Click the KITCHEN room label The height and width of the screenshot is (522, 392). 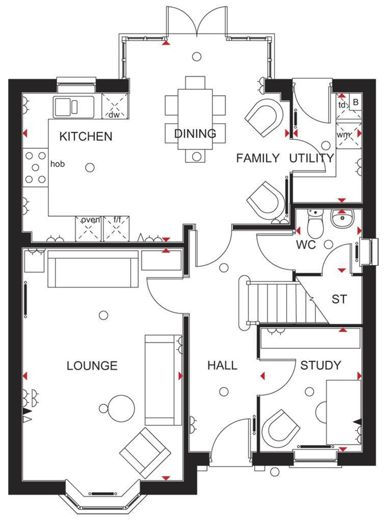click(86, 137)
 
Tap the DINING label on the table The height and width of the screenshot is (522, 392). click(195, 134)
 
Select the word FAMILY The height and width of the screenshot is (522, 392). click(258, 158)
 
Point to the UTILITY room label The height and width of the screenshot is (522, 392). click(312, 158)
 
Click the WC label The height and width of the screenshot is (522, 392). click(306, 245)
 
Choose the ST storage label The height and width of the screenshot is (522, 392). click(339, 299)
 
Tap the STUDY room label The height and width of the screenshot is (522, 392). click(320, 365)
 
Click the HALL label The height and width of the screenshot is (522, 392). click(222, 365)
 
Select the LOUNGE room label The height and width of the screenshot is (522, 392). click(92, 366)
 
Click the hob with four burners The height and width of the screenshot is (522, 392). click(35, 168)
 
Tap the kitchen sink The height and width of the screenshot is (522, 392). click(74, 107)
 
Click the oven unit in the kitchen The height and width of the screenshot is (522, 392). click(89, 228)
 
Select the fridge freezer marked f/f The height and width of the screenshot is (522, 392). click(116, 228)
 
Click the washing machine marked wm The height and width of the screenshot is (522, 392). click(348, 135)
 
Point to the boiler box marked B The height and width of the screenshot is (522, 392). click(356, 103)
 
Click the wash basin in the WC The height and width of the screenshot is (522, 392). click(342, 219)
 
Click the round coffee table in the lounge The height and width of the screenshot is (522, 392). click(122, 408)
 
